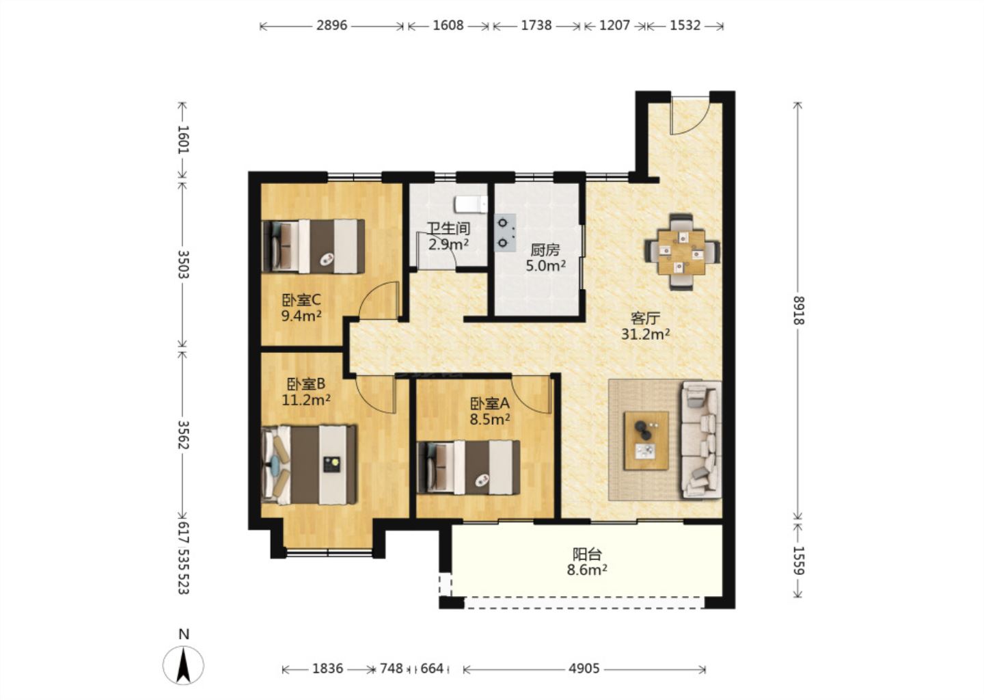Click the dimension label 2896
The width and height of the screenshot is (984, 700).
[331, 25]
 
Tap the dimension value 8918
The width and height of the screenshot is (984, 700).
[798, 310]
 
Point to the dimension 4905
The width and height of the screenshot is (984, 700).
[584, 669]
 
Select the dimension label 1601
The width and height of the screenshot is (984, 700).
[182, 139]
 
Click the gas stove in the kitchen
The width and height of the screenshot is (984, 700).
[505, 232]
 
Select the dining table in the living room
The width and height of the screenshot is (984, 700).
[682, 252]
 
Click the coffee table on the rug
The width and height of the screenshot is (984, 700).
[646, 441]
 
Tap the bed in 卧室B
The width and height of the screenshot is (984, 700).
[309, 464]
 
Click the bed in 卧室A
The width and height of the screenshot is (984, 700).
[468, 467]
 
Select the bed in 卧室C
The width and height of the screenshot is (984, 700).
[313, 247]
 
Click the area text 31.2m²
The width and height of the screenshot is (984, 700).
[645, 334]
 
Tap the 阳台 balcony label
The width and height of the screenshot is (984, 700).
[587, 554]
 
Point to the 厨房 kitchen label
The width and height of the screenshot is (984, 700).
[545, 250]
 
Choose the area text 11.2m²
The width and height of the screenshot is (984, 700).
[305, 400]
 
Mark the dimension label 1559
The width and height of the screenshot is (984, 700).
[798, 561]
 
